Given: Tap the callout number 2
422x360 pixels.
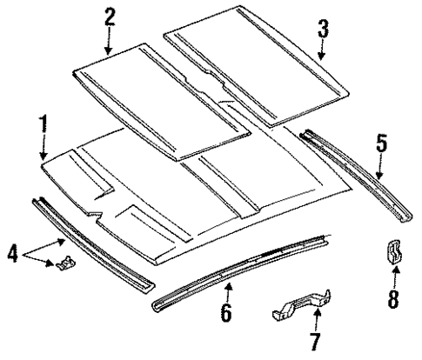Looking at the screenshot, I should [x=110, y=17].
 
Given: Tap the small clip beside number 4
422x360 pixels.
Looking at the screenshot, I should [x=64, y=265].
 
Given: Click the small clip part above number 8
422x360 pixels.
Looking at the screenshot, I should [x=393, y=253].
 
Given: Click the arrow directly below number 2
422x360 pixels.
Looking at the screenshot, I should [x=110, y=41].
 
